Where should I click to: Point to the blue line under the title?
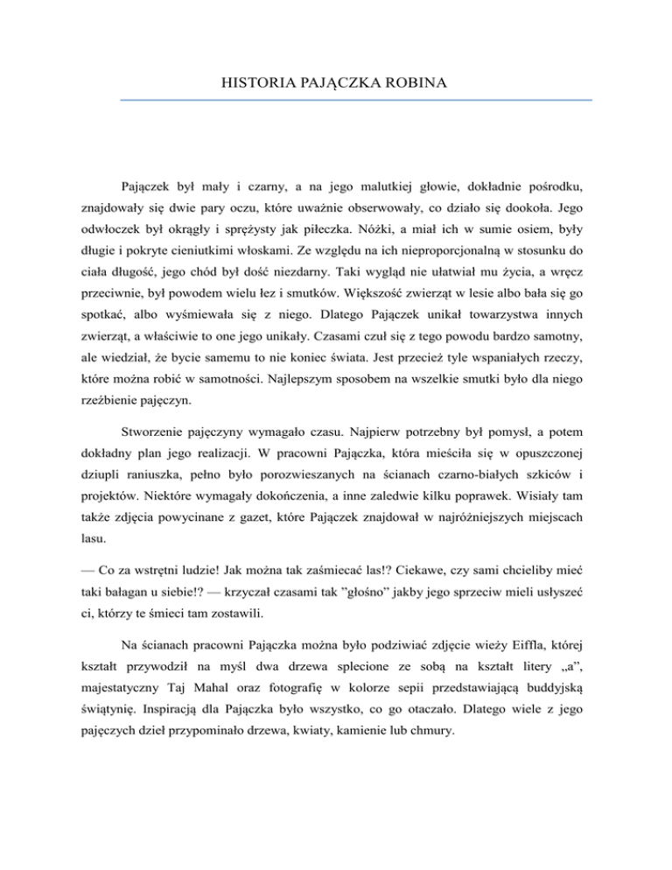[x=356, y=100]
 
